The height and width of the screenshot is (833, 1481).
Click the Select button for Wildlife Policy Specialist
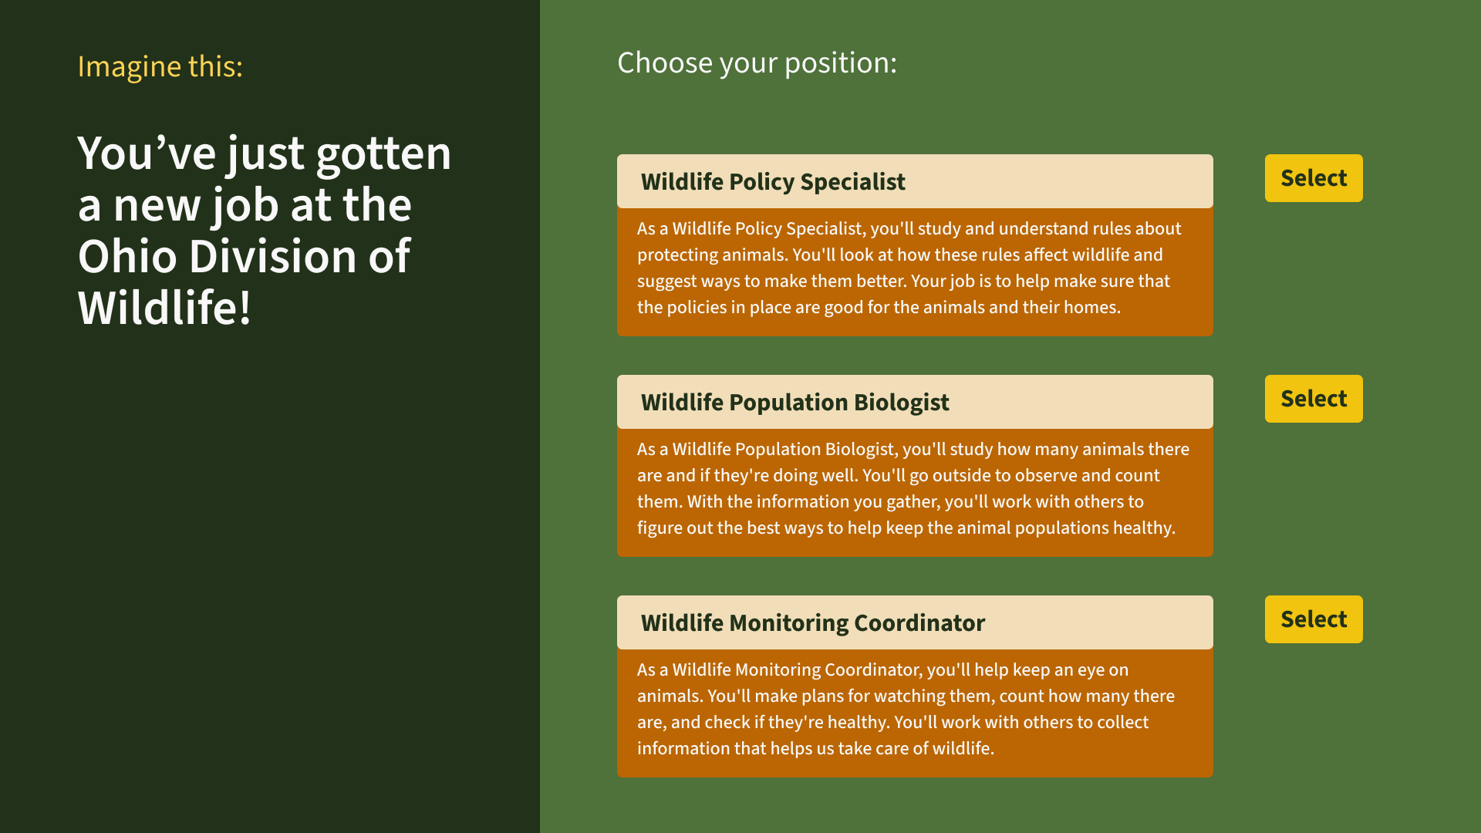click(x=1314, y=178)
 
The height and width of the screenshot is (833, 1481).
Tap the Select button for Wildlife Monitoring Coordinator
click(x=1314, y=619)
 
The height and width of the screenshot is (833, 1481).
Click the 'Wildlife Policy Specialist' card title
click(x=773, y=182)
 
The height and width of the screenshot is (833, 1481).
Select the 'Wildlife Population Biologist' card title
click(x=794, y=403)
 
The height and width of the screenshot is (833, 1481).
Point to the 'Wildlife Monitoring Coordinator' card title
click(x=813, y=623)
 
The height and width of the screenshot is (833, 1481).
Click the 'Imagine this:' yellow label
click(x=160, y=67)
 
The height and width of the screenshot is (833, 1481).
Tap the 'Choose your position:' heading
click(x=757, y=63)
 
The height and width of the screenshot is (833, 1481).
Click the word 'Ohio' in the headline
click(x=127, y=256)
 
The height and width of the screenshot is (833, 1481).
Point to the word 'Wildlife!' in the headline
click(x=164, y=308)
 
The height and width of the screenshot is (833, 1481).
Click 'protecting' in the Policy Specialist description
click(x=675, y=255)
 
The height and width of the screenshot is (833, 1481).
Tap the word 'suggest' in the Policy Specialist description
click(x=664, y=282)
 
